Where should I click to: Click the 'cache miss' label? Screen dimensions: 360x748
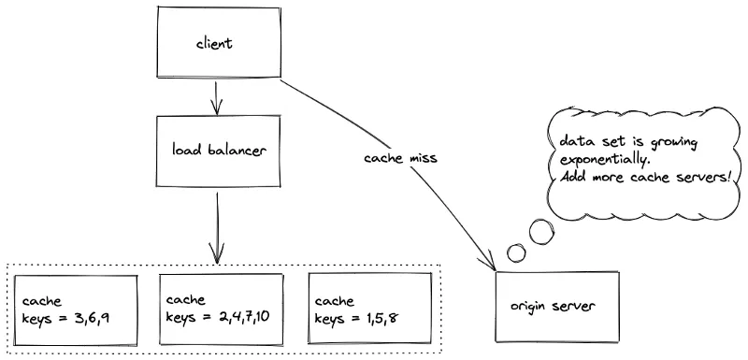point(399,158)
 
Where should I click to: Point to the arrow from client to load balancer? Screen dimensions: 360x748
point(217,97)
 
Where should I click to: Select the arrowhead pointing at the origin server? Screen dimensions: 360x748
point(491,264)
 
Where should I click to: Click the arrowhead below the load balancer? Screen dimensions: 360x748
point(217,253)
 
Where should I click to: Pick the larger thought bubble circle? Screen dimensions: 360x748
point(540,231)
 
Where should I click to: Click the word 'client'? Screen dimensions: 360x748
point(214,44)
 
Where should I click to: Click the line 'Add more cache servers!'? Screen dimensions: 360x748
point(639,177)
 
